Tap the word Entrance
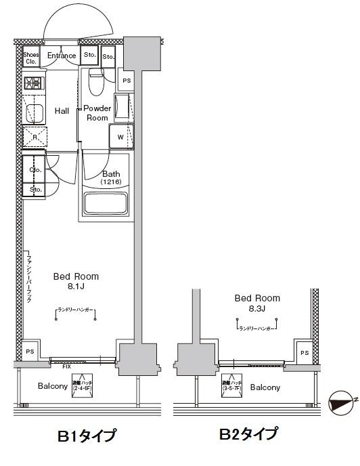point(62,56)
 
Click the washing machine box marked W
point(120,136)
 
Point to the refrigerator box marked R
point(34,136)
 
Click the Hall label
point(62,111)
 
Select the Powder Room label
point(97,112)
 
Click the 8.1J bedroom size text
point(76,287)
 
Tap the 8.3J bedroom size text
point(257,309)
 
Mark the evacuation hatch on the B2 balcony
point(231,386)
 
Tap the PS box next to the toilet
point(127,81)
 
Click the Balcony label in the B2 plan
point(265,387)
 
